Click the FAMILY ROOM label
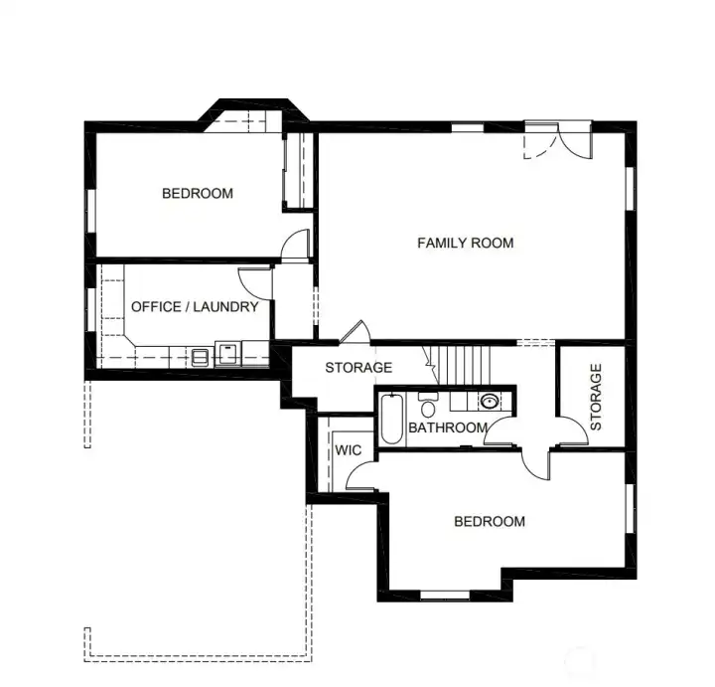tap(465, 243)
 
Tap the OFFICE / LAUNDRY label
tap(195, 307)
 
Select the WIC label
tap(348, 450)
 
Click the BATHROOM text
tap(448, 429)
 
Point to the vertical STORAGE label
tap(596, 396)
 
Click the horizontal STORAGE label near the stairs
tap(358, 368)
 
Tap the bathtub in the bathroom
tap(391, 420)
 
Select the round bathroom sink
tap(489, 402)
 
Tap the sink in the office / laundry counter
tap(227, 352)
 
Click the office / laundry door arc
tap(253, 279)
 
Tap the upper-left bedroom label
tap(198, 193)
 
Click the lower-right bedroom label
tap(490, 522)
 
